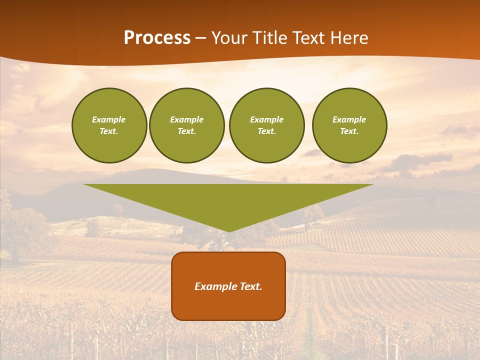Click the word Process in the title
(x=157, y=38)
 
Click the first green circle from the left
(x=109, y=125)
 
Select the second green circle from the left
(x=186, y=125)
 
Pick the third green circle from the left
(x=266, y=125)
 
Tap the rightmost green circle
(x=349, y=125)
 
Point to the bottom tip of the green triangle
(x=228, y=230)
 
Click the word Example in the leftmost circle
(x=109, y=119)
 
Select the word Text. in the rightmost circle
(x=349, y=131)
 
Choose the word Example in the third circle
(x=266, y=119)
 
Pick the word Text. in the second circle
(x=186, y=131)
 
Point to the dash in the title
(x=200, y=38)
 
